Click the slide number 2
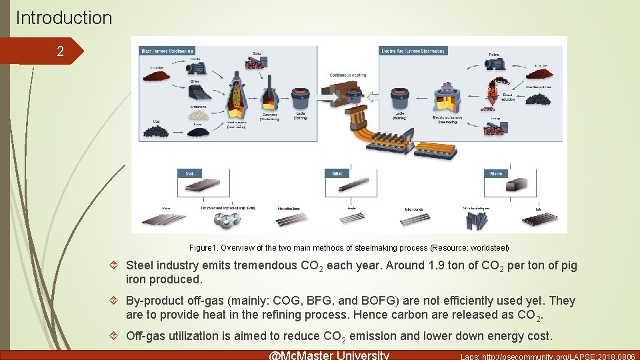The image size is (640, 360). [x=60, y=51]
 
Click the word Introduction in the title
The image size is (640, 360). [x=64, y=17]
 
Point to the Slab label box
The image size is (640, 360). [x=190, y=173]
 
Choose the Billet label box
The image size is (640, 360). [x=337, y=173]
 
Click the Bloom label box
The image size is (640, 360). [x=495, y=173]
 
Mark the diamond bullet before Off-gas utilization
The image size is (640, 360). [x=115, y=336]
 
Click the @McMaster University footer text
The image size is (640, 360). [x=328, y=355]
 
